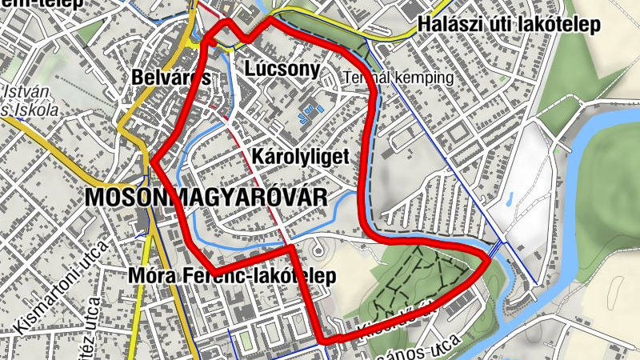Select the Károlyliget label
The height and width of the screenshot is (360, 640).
[x=300, y=156]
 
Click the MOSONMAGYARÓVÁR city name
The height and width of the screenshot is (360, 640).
[x=206, y=197]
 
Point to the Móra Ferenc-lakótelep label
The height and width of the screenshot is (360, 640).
[x=231, y=276]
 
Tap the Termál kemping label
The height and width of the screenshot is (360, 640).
[x=398, y=78]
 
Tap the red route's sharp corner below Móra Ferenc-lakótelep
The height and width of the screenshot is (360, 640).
[x=325, y=342]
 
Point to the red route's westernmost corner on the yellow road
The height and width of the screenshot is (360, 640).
[x=153, y=161]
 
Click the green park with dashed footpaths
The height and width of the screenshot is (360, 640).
[x=416, y=276]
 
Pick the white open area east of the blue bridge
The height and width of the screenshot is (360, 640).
[x=520, y=192]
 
